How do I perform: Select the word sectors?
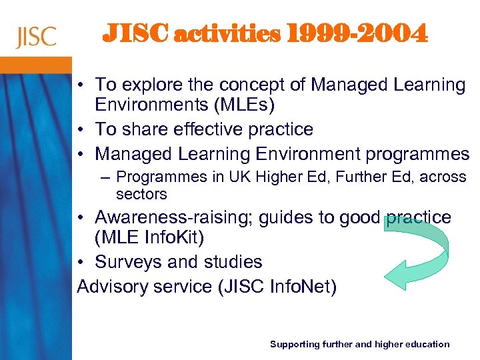pyautogui.click(x=141, y=194)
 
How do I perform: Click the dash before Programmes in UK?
pyautogui.click(x=107, y=177)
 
